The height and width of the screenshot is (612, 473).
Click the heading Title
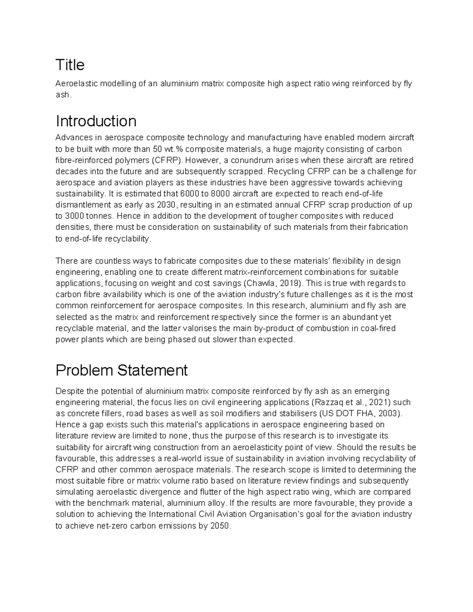70,65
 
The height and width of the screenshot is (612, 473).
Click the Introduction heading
96,121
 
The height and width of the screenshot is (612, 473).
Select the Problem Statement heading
121,370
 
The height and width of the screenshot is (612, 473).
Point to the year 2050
220,526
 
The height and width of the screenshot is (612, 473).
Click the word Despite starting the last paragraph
70,391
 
